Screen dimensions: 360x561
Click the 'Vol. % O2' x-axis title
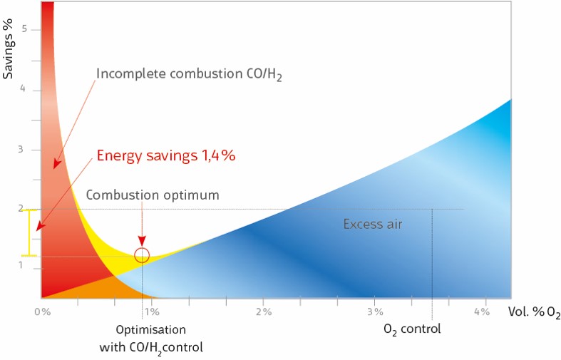pos(534,312)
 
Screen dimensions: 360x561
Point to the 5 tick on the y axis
pos(24,29)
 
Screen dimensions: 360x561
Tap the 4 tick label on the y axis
pos(24,89)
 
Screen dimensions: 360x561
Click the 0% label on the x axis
pos(42,312)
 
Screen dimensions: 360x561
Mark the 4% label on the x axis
pos(481,312)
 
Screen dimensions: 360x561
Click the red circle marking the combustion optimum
pos(142,254)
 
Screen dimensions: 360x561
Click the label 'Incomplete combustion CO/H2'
pos(189,74)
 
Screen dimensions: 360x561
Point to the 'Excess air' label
pos(372,224)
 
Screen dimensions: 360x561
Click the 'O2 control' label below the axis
pos(412,329)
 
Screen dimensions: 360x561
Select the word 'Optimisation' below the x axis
pos(151,330)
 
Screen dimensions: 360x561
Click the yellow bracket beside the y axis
pos(29,232)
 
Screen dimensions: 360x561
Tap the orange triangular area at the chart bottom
pos(86,288)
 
